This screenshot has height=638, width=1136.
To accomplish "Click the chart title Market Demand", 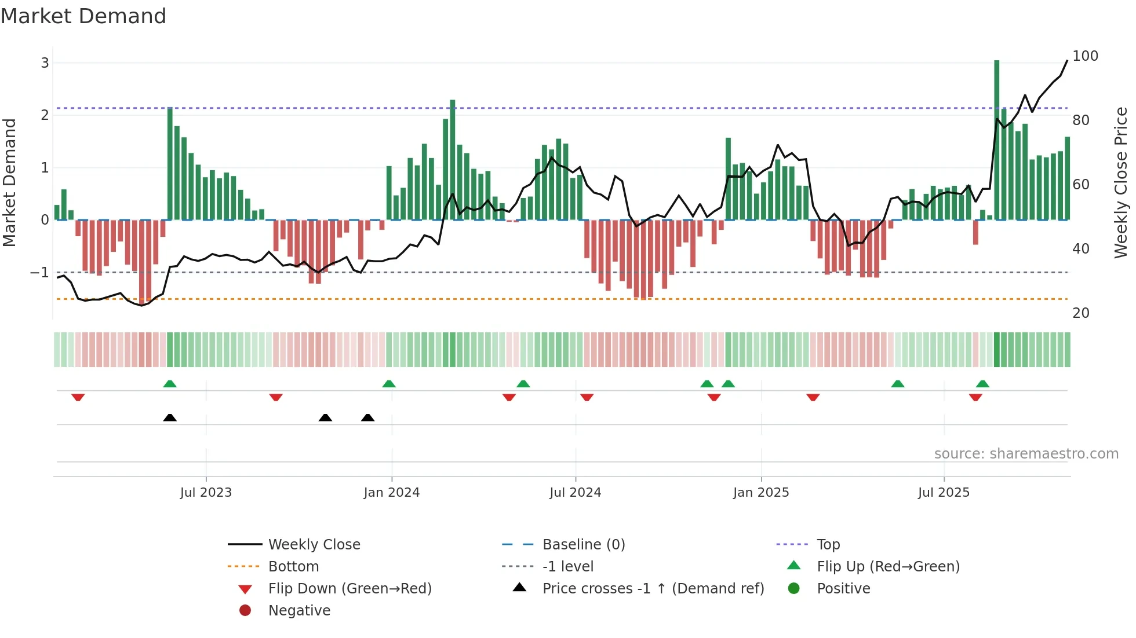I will click(83, 16).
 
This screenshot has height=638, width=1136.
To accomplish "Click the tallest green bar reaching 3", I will click(996, 139).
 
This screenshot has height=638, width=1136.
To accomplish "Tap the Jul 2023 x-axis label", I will click(206, 493).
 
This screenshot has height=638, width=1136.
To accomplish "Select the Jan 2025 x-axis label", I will click(760, 493).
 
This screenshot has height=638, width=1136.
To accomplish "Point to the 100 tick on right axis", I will click(1085, 56).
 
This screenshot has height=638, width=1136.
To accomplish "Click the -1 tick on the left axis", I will click(39, 272).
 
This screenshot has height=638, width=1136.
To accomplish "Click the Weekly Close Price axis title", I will click(1120, 182).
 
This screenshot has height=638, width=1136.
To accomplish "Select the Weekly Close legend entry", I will click(314, 545).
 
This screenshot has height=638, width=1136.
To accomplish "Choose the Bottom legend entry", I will click(293, 567).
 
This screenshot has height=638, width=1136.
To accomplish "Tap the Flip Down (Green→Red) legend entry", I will click(349, 589).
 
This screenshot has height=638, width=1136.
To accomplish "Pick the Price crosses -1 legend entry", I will click(653, 589).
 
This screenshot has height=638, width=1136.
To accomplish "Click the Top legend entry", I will click(828, 545).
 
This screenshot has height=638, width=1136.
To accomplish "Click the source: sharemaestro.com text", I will click(1026, 454).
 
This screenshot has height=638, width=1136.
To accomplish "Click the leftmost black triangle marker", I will click(170, 417).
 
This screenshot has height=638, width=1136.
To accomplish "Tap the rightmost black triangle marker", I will click(367, 417).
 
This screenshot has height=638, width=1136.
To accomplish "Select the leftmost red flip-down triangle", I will click(78, 397).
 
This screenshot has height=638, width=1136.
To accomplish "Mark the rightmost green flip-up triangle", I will click(982, 384).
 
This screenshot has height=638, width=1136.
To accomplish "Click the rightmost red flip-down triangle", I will click(975, 397).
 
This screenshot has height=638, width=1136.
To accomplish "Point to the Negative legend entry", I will click(299, 611).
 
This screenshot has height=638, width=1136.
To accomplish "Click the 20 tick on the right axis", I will click(1080, 313).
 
